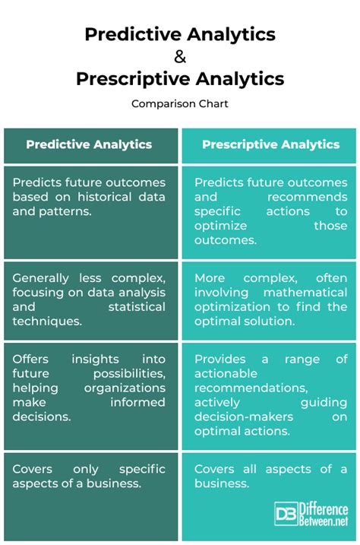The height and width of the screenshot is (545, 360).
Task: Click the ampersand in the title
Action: [x=180, y=56]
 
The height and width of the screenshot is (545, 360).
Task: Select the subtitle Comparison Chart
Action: [x=180, y=103]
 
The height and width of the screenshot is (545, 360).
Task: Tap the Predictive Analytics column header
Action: [x=89, y=144]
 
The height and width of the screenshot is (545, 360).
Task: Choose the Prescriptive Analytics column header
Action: [x=271, y=144]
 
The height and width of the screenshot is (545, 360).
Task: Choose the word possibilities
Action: [x=129, y=373]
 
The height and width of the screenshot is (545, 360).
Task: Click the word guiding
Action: [x=324, y=402]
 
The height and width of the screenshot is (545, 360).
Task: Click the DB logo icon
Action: [x=286, y=513]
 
